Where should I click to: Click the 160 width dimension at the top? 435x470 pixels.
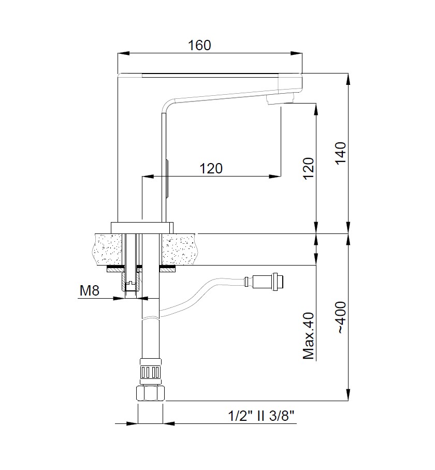tap(199, 45)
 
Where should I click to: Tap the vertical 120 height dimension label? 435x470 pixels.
tap(308, 168)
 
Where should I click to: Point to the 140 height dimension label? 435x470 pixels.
tap(341, 154)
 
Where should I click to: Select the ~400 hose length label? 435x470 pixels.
tap(341, 317)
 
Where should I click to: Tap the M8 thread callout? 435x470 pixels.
tap(89, 290)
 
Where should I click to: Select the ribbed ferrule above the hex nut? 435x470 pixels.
tap(151, 371)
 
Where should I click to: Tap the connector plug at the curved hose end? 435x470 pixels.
tap(267, 282)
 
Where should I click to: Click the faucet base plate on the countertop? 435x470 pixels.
tap(142, 227)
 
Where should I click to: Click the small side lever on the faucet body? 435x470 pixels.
tap(167, 179)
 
